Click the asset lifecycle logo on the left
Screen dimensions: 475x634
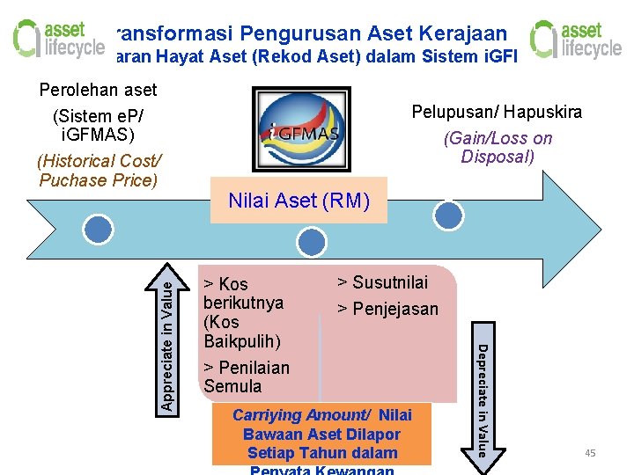(x=58, y=39)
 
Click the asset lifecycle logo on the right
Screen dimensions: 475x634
(x=575, y=40)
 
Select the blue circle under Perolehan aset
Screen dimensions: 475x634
(x=98, y=230)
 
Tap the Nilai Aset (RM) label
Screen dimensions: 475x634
(x=298, y=201)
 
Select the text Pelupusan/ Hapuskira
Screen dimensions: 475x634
(x=497, y=113)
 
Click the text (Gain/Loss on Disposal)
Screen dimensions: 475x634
(x=498, y=147)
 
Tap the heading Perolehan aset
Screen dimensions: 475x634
(x=99, y=90)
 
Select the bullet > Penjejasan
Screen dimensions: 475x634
(x=387, y=309)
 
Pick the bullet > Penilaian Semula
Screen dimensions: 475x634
(x=246, y=376)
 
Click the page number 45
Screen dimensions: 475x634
(x=590, y=453)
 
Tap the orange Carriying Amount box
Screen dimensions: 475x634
(x=321, y=434)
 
